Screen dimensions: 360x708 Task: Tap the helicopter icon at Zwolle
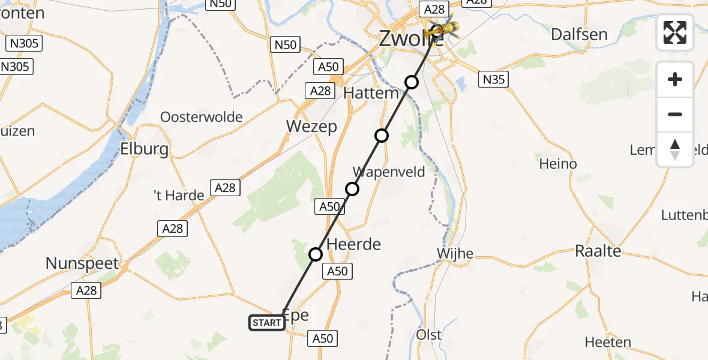(445, 28)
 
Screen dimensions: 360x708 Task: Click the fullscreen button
(675, 32)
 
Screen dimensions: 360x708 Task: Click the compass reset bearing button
(675, 149)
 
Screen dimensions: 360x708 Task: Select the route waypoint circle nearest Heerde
(316, 254)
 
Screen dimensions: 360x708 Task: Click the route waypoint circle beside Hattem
(411, 82)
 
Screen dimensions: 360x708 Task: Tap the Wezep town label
(311, 127)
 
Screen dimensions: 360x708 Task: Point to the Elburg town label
(145, 148)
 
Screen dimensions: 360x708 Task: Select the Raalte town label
(598, 251)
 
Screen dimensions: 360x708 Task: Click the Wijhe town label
(456, 254)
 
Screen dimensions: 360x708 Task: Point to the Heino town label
(558, 164)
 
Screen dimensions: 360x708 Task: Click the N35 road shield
(493, 79)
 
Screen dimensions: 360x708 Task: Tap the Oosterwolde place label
(202, 117)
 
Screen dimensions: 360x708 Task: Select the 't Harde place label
(179, 196)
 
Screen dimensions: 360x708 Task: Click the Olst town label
(429, 335)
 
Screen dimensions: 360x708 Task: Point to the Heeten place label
(608, 343)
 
